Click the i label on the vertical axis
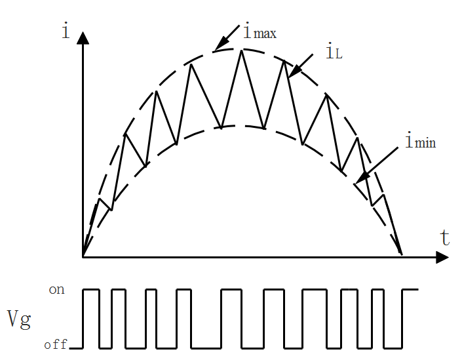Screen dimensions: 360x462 [x=66, y=30]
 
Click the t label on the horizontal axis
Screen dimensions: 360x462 [x=445, y=237]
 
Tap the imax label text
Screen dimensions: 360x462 [x=260, y=31]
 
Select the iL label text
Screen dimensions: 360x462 [x=333, y=52]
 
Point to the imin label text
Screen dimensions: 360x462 [x=420, y=140]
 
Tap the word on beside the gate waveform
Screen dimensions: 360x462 [x=57, y=289]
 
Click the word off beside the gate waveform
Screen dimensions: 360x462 [x=56, y=344]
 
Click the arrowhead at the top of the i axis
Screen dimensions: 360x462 [x=83, y=36]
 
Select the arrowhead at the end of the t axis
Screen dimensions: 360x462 [x=443, y=257]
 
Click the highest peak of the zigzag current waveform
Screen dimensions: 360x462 [x=242, y=50]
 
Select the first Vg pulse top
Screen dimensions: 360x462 [x=90, y=289]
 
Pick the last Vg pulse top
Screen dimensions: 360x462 [x=410, y=289]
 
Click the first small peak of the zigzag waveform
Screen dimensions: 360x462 [x=99, y=199]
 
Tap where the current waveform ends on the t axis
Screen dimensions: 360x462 [x=401, y=254]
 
